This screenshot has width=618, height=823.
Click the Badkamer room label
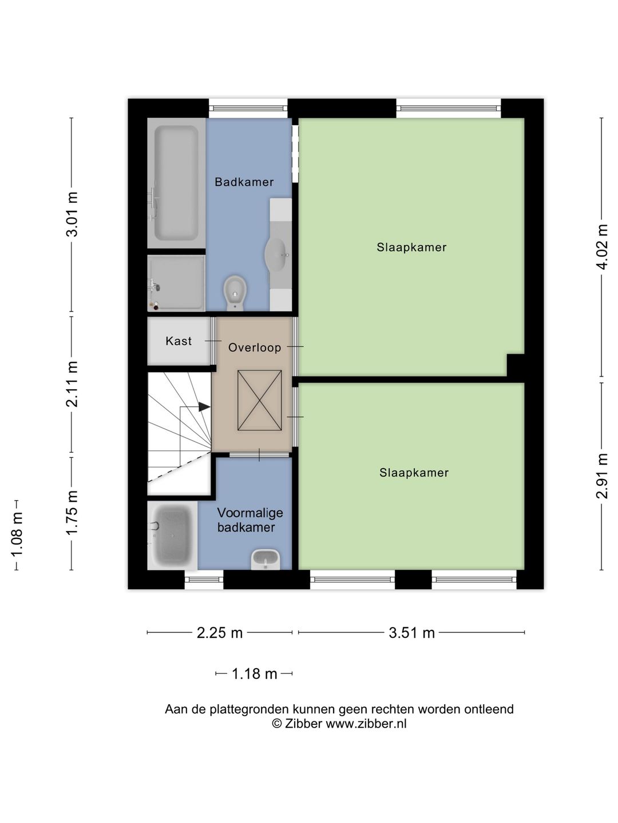(244, 182)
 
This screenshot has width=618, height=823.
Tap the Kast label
(179, 341)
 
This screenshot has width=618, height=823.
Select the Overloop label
(255, 348)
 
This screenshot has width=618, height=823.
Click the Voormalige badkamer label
(250, 520)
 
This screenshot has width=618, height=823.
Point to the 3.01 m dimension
(72, 214)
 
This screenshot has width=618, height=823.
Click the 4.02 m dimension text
(602, 247)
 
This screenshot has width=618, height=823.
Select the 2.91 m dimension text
(602, 476)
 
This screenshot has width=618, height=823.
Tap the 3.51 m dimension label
(411, 633)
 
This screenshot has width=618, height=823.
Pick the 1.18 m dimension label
(255, 674)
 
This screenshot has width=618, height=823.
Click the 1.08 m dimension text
(17, 535)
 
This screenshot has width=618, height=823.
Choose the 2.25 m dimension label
(220, 633)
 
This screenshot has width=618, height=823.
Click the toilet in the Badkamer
(235, 293)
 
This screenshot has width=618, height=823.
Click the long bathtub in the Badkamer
(176, 183)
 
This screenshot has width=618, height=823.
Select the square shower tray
(176, 283)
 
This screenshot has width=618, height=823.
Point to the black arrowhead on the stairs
(204, 407)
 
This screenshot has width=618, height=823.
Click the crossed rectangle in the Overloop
(260, 401)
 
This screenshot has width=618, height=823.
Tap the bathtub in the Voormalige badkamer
(172, 536)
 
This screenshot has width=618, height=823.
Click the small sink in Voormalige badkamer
(266, 560)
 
